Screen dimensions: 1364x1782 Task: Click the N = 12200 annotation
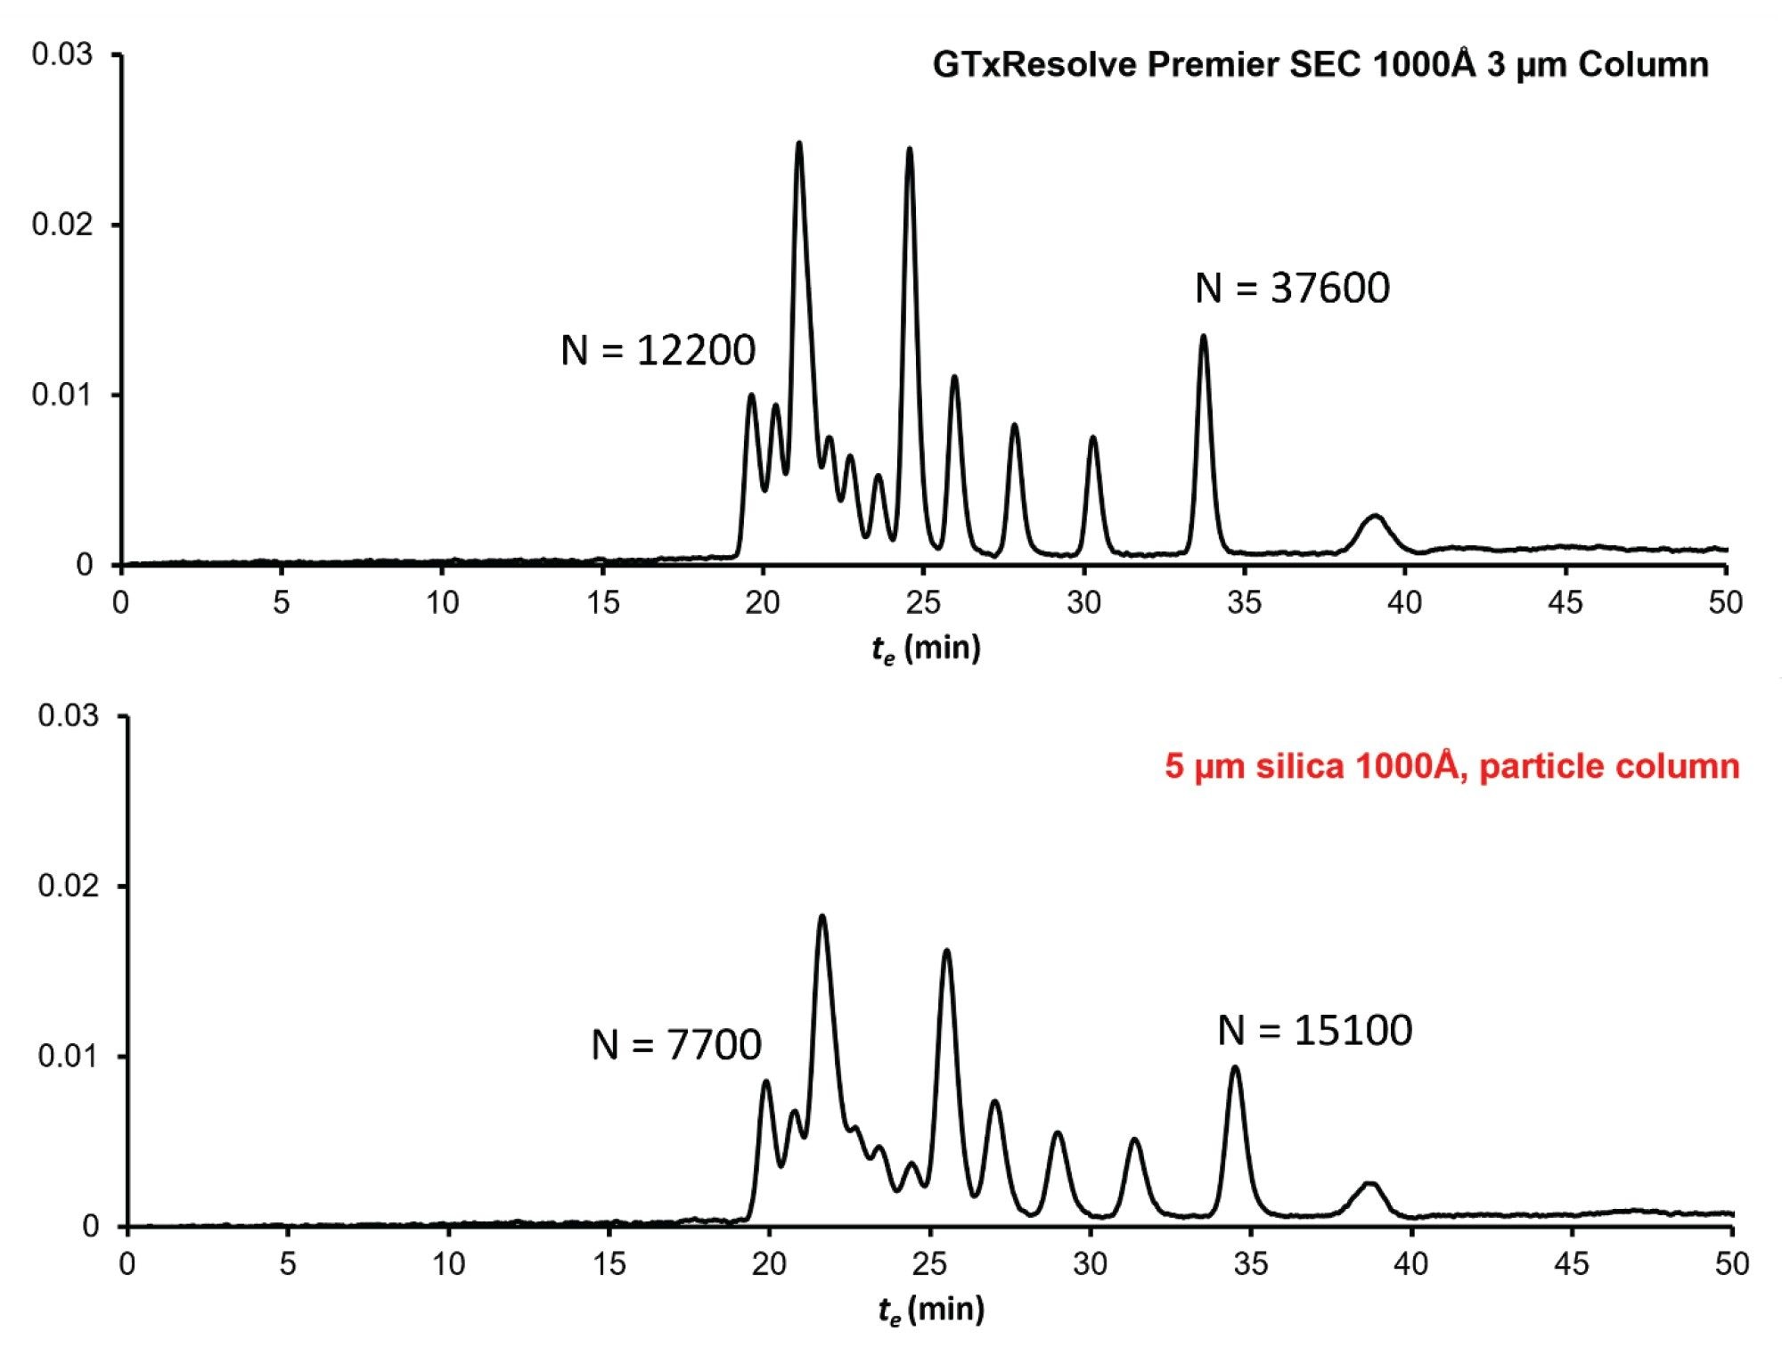pyautogui.click(x=658, y=350)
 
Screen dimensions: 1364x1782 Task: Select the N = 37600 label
pyautogui.click(x=1292, y=288)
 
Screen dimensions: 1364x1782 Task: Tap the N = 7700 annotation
pyautogui.click(x=676, y=1044)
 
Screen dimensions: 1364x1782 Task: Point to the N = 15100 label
pyautogui.click(x=1315, y=1030)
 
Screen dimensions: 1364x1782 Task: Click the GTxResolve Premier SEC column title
pyautogui.click(x=1320, y=65)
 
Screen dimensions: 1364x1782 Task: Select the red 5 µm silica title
pyautogui.click(x=1451, y=766)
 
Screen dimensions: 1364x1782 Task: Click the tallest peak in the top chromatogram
pyautogui.click(x=798, y=144)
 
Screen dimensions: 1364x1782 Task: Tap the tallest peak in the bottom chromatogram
pyautogui.click(x=822, y=918)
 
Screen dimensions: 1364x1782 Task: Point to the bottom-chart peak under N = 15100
pyautogui.click(x=1235, y=1069)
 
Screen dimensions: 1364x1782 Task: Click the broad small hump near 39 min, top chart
pyautogui.click(x=1375, y=518)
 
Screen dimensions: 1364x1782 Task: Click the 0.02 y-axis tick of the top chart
pyautogui.click(x=61, y=225)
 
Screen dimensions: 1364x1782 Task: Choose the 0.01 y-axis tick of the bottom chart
pyautogui.click(x=68, y=1057)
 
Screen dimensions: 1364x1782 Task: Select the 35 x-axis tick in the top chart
pyautogui.click(x=1244, y=603)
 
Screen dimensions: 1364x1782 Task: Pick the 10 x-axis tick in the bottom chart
pyautogui.click(x=448, y=1264)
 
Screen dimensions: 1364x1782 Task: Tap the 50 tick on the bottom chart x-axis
pyautogui.click(x=1731, y=1264)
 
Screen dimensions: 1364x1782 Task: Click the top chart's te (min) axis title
pyautogui.click(x=926, y=649)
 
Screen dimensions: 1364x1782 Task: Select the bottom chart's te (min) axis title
pyautogui.click(x=931, y=1310)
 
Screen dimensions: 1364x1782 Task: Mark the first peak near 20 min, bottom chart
pyautogui.click(x=765, y=1082)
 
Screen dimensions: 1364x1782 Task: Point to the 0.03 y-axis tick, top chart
pyautogui.click(x=61, y=54)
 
